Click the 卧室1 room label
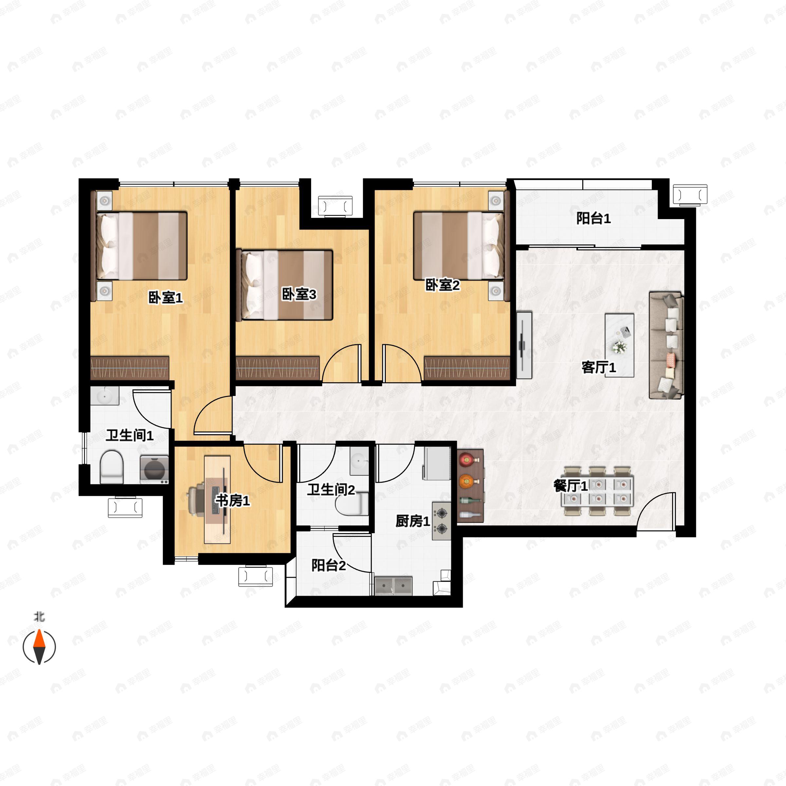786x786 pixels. [x=165, y=297]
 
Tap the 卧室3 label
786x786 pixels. [x=299, y=294]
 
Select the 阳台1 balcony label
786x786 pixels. [x=593, y=218]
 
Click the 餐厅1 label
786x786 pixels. [x=571, y=485]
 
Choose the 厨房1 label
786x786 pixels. [x=413, y=521]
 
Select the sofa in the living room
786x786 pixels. [x=666, y=345]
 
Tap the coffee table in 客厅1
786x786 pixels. [x=619, y=345]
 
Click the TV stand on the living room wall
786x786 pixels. [x=524, y=345]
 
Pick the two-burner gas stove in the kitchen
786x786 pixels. [x=441, y=521]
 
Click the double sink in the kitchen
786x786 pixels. [x=393, y=586]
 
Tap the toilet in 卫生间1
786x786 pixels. [x=111, y=467]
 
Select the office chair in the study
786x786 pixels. [x=197, y=499]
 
